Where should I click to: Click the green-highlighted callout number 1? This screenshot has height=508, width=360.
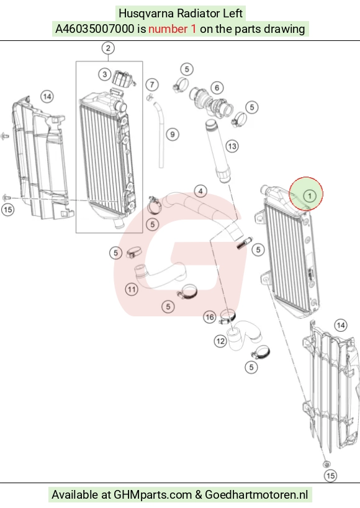point(310,195)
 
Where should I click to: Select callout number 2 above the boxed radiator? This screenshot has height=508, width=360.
point(108,48)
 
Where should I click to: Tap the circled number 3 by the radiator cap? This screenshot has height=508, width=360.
point(104,74)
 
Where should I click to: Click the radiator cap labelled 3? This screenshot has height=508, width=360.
point(124,79)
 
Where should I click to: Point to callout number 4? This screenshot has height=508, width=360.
point(200,191)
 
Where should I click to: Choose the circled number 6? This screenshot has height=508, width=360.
point(217,87)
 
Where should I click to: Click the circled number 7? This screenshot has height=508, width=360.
point(152,85)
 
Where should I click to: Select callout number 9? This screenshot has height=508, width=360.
point(172,135)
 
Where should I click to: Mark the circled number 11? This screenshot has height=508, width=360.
point(132,289)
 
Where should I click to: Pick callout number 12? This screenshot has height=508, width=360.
point(220,341)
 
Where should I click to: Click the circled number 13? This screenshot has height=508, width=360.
point(232,146)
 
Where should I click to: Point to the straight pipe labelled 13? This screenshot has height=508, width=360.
point(218,151)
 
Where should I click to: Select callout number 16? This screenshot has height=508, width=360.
point(210,317)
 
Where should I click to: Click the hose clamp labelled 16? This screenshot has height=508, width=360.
point(228,316)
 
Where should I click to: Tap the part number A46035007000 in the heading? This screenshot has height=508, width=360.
point(95,29)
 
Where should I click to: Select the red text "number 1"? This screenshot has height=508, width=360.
point(172,29)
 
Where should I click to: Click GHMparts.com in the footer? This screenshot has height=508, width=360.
point(153,495)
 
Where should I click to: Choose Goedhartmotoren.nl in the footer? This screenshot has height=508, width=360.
point(256,495)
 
